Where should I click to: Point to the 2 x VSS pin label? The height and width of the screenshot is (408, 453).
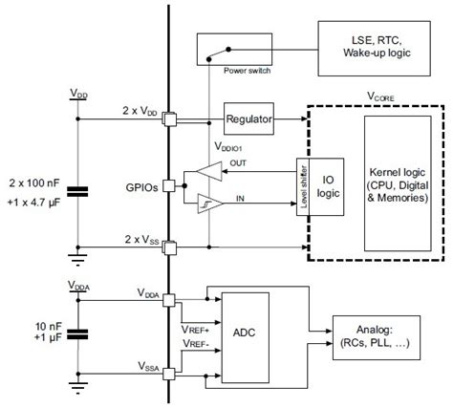click(140, 238)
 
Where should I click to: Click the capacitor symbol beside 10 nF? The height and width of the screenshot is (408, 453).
click(80, 333)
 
